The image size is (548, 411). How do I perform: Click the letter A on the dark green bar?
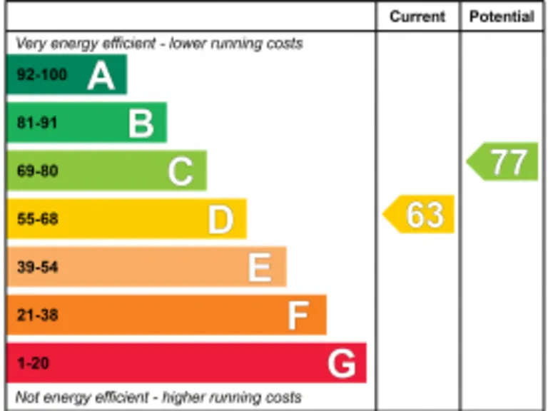point(101,75)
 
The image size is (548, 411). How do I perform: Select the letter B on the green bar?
point(141,123)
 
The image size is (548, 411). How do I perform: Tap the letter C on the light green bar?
point(181,171)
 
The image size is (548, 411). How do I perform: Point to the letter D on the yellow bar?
point(220,219)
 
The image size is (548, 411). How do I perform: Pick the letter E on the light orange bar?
point(260,268)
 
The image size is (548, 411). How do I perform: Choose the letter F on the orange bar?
point(298,315)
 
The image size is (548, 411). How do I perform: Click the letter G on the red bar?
point(341,364)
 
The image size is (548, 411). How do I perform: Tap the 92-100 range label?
point(41,75)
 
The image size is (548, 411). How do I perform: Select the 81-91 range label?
point(37,123)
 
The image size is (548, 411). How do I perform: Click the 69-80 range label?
point(37,171)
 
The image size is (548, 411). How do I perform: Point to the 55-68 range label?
point(37,219)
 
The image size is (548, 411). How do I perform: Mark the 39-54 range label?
point(37,268)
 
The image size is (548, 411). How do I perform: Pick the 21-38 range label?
point(37,315)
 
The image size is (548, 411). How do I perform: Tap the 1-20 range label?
point(33,364)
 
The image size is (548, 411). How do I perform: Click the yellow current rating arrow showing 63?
point(420,214)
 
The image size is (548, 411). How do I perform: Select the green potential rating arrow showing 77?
point(504,162)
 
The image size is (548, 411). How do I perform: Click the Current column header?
point(417,17)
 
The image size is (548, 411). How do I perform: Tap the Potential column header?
point(502,17)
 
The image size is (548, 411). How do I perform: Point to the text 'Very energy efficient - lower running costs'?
point(159,44)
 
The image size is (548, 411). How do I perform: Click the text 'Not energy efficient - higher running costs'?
point(158,397)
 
